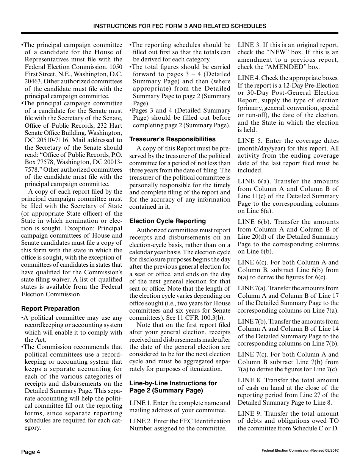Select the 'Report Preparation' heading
[x=50, y=308]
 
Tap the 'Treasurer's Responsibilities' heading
[x=172, y=139]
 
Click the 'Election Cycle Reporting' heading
[x=167, y=221]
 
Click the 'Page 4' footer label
[x=30, y=452]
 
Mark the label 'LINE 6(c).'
[x=253, y=263]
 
